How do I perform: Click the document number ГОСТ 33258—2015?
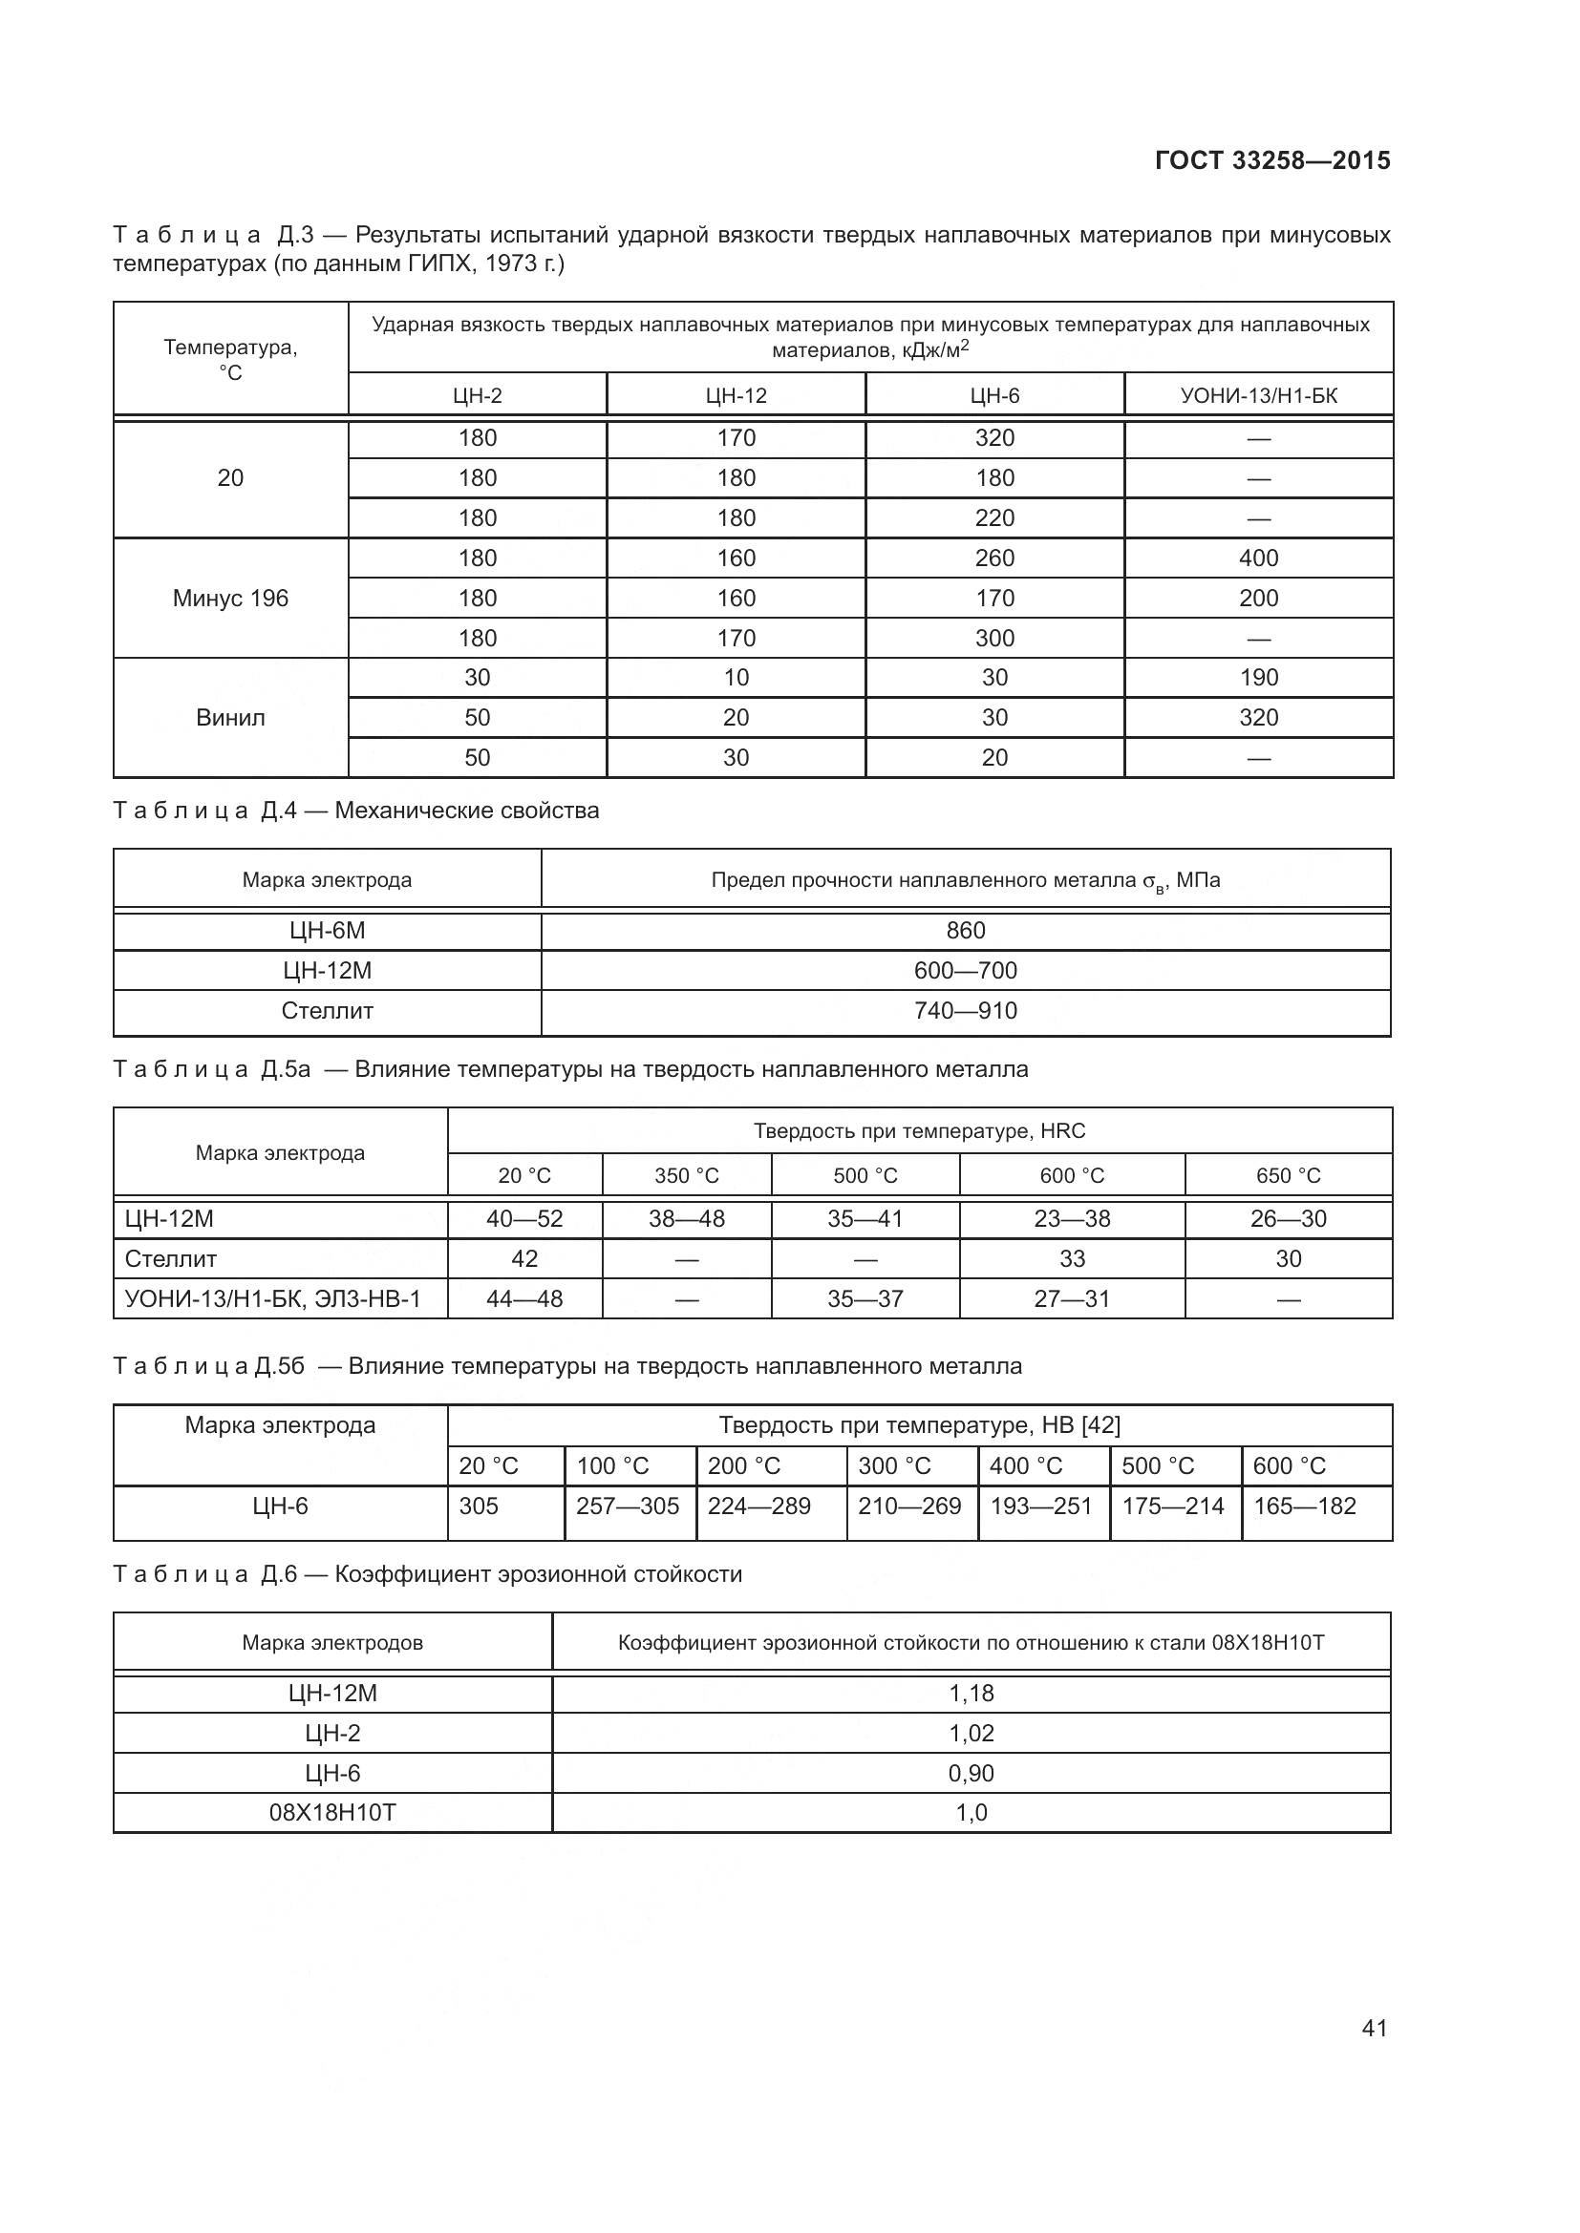point(1272,160)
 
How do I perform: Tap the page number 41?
point(1374,2028)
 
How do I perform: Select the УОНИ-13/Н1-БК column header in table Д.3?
point(1258,396)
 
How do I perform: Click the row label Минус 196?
point(230,599)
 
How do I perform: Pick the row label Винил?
point(230,718)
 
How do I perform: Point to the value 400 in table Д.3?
point(1258,558)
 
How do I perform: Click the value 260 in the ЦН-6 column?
point(994,558)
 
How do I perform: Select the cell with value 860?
point(965,931)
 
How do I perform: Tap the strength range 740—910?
point(965,1010)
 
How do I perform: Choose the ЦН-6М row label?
point(327,931)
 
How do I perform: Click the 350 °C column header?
point(686,1176)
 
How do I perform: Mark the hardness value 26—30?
point(1288,1218)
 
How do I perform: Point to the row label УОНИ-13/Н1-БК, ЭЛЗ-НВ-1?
point(272,1298)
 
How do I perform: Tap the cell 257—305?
point(628,1506)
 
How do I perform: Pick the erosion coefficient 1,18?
point(971,1694)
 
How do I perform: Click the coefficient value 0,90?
point(971,1773)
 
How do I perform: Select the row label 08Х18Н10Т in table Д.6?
point(332,1813)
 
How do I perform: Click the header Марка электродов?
point(332,1644)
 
